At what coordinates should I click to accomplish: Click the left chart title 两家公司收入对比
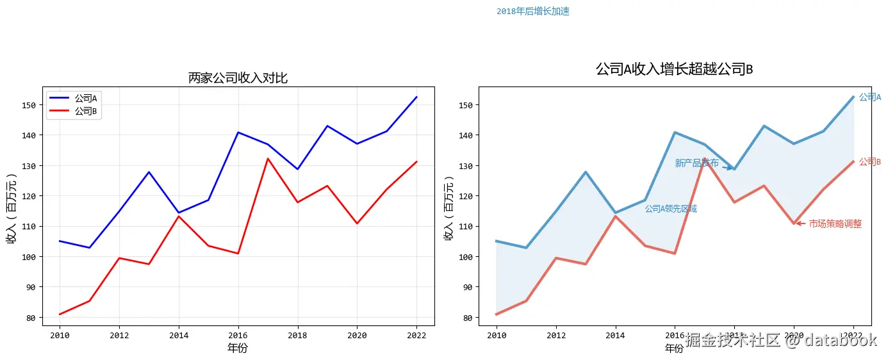pyautogui.click(x=238, y=78)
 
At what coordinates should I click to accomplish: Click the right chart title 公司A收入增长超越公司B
pyautogui.click(x=674, y=69)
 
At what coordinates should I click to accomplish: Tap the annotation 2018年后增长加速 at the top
pyautogui.click(x=532, y=11)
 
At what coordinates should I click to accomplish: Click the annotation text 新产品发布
pyautogui.click(x=696, y=163)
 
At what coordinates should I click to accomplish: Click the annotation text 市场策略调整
pyautogui.click(x=835, y=224)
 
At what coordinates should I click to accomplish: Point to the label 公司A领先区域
pyautogui.click(x=670, y=208)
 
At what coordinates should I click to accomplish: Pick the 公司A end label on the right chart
pyautogui.click(x=869, y=97)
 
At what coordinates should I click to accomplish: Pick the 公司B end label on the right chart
pyautogui.click(x=869, y=161)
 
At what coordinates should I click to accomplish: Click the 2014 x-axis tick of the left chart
pyautogui.click(x=179, y=334)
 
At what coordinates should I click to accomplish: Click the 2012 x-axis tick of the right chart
pyautogui.click(x=556, y=334)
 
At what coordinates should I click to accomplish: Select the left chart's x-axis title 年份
pyautogui.click(x=238, y=348)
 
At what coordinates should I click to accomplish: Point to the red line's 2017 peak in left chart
pyautogui.click(x=268, y=158)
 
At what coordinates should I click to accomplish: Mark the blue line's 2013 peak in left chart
pyautogui.click(x=149, y=172)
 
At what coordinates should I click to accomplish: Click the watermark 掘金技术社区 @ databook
pyautogui.click(x=780, y=340)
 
